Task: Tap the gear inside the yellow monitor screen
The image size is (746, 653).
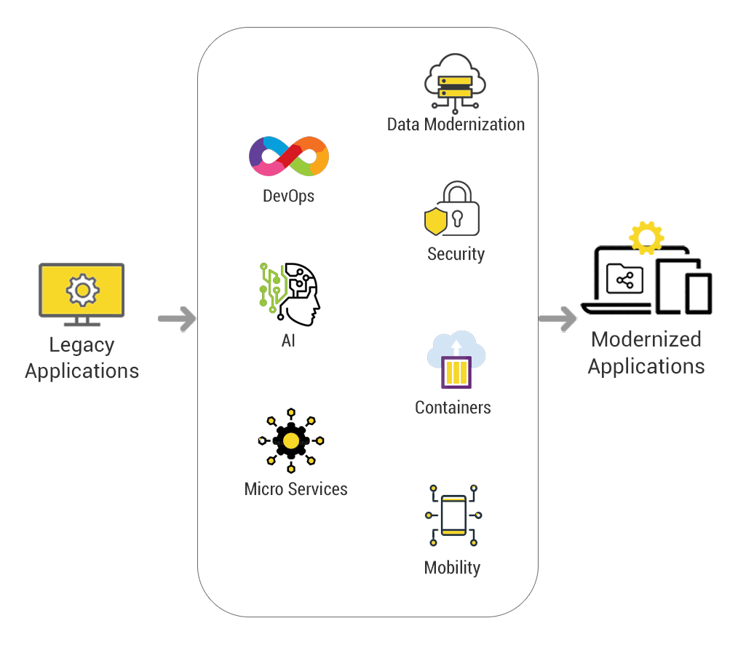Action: pyautogui.click(x=82, y=290)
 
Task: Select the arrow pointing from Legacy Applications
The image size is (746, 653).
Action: pyautogui.click(x=177, y=318)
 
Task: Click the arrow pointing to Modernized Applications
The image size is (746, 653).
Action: pyautogui.click(x=557, y=318)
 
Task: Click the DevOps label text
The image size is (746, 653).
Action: pyautogui.click(x=289, y=196)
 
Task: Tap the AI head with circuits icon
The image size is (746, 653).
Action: pyautogui.click(x=290, y=294)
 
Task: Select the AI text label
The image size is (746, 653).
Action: pyautogui.click(x=288, y=341)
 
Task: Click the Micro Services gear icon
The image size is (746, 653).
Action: pyautogui.click(x=291, y=440)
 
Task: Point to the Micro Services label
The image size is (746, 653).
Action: pyautogui.click(x=295, y=489)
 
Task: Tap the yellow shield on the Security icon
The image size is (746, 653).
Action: pyautogui.click(x=435, y=221)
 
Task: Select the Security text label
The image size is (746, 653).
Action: pyautogui.click(x=456, y=254)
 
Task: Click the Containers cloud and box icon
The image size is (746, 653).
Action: pyautogui.click(x=456, y=360)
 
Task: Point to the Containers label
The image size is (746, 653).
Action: pyautogui.click(x=453, y=408)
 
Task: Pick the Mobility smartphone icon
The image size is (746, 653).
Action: pyautogui.click(x=453, y=515)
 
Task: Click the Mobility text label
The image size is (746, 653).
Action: pyautogui.click(x=452, y=568)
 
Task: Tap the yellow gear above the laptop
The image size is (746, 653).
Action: pyautogui.click(x=646, y=238)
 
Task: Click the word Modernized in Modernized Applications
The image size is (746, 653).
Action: pyautogui.click(x=646, y=339)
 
